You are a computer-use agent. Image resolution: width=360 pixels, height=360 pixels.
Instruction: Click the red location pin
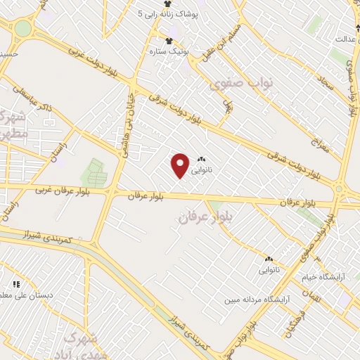(x=181, y=165)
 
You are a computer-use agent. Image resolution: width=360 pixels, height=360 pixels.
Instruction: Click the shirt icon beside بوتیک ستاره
(x=168, y=40)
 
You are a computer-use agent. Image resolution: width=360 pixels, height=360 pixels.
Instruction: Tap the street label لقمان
(x=314, y=297)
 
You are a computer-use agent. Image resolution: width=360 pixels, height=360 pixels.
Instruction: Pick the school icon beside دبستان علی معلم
(x=15, y=284)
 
